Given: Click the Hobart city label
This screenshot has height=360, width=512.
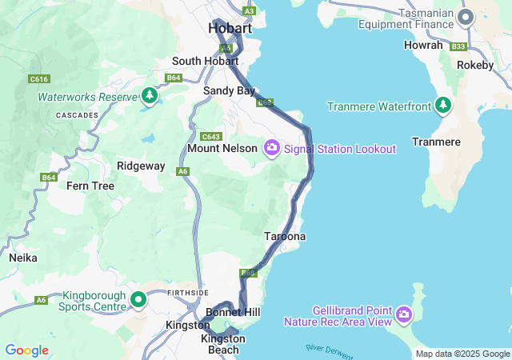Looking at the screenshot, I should coord(230,28).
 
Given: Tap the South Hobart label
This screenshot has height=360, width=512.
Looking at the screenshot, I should coord(206,61).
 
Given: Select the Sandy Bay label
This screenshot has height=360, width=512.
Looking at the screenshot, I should coord(229,91).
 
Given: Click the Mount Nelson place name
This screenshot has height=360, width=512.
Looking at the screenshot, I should coord(222,149).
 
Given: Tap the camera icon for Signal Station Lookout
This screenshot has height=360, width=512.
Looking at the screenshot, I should coord(272,147).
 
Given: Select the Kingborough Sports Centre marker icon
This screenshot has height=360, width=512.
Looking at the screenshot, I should coord(138,300).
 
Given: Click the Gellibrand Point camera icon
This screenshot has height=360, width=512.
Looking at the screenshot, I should coord(404,314).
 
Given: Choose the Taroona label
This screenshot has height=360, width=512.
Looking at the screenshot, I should coord(285,237).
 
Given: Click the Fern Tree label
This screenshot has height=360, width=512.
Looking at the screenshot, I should coord(90,186).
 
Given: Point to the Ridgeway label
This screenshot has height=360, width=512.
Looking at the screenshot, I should coord(141,166).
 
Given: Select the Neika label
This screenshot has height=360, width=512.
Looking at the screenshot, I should coord(23,258).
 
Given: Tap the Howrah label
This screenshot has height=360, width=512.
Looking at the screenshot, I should coord(425,46).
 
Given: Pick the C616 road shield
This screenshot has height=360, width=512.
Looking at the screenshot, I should coord(38,78).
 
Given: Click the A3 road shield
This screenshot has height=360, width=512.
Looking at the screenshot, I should coord(250,11).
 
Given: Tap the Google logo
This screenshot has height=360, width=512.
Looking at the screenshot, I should coord(26,350).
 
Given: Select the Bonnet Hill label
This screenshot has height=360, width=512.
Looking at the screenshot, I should coord(233,311).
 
